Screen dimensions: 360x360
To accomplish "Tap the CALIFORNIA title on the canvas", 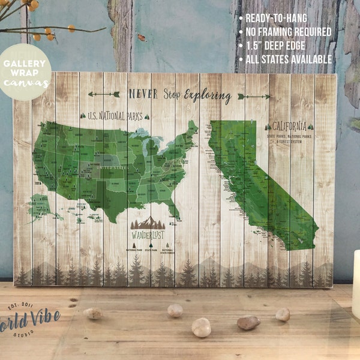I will coord(290,127).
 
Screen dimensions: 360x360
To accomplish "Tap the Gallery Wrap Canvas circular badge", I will coord(26,71).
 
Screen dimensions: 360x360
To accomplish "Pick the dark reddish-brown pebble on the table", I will coord(248,323).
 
